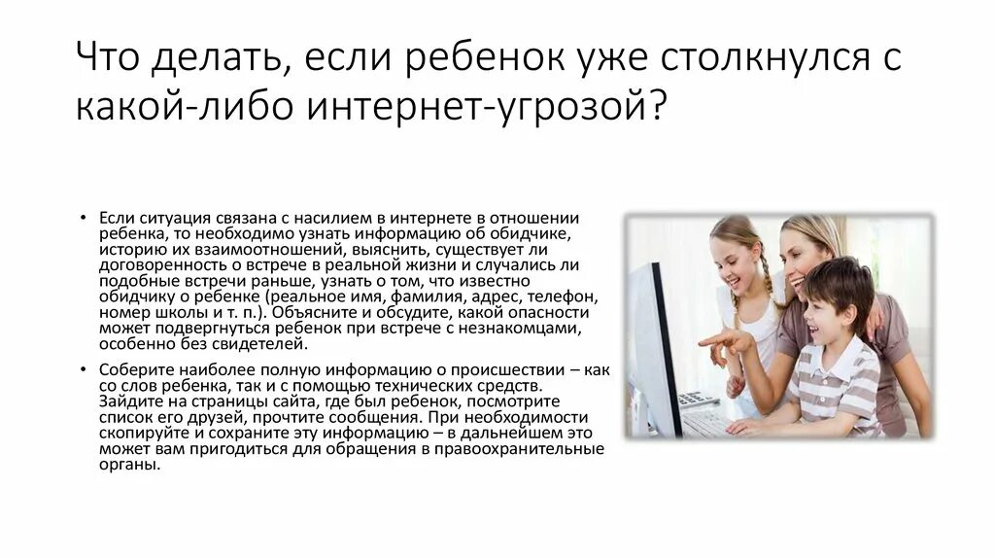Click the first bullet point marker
[x=86, y=216]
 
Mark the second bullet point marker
[x=86, y=369]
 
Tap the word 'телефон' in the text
[x=558, y=296]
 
